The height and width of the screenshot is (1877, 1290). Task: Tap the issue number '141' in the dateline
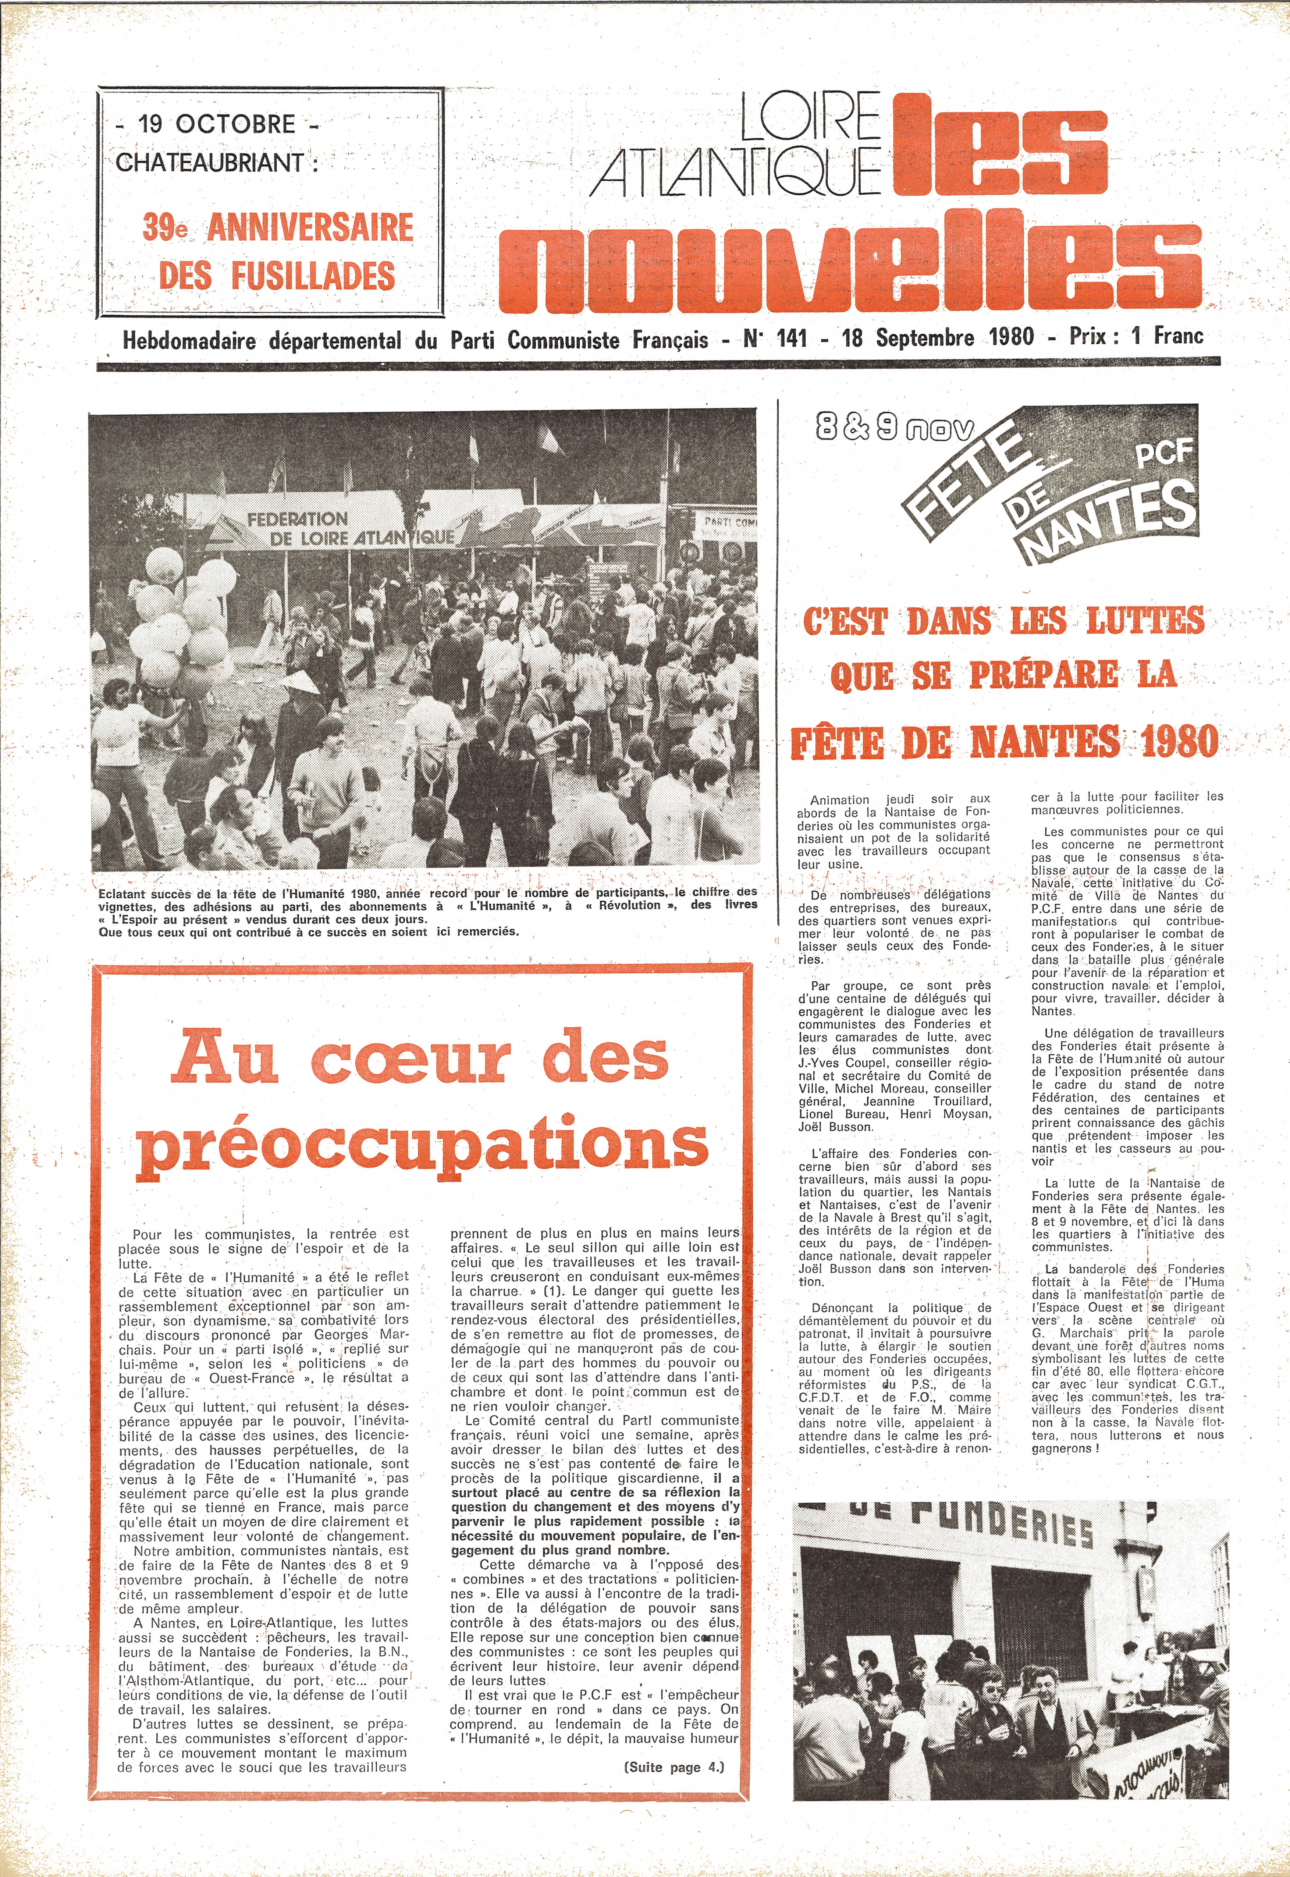pos(791,338)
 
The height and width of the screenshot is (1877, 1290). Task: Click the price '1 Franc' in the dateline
pos(1167,336)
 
